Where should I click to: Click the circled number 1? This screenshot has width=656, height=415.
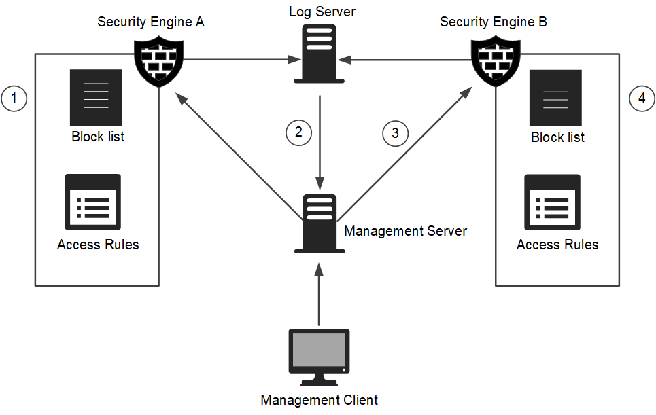pos(14,99)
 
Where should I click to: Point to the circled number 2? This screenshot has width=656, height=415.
pos(298,132)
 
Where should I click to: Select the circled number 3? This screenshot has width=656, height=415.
pos(395,132)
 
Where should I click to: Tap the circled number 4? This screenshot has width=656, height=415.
pos(642,99)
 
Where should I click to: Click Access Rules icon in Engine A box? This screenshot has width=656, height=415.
pos(93,202)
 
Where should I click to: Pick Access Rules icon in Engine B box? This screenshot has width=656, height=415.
pos(552,202)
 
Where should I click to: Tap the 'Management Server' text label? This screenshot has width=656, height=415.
pos(406,231)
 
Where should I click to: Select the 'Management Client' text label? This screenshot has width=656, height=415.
pos(320,400)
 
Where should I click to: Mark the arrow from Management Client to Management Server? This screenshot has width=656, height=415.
pos(320,295)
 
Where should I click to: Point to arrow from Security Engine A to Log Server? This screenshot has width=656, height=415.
pos(238,60)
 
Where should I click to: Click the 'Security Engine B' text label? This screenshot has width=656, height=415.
pos(494,22)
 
